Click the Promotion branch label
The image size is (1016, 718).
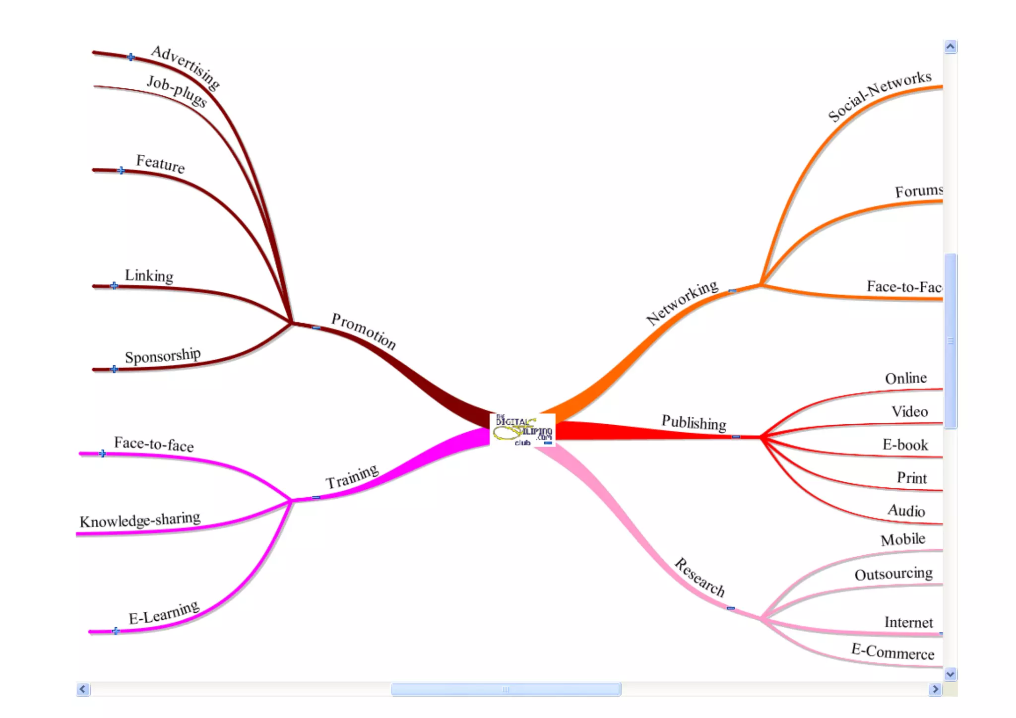pos(363,331)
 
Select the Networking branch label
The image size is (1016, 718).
pos(682,302)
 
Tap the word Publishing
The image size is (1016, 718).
pos(694,422)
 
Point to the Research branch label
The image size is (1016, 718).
pos(699,577)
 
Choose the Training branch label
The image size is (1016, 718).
pos(352,476)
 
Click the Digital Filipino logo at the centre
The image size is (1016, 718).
pos(522,430)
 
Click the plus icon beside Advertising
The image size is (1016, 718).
pos(131,57)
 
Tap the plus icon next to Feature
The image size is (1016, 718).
pos(122,171)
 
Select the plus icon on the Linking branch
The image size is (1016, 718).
pos(115,286)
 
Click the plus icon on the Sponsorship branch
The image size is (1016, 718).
pos(115,369)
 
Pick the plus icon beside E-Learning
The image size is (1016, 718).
pos(116,631)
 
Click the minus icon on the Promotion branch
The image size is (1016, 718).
pos(316,327)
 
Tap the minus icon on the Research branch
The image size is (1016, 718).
pos(730,608)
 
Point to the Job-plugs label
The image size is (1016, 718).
pos(177,91)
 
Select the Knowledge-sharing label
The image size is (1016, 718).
pos(140,520)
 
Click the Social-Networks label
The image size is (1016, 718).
pos(879,95)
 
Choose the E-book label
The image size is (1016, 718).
pos(905,445)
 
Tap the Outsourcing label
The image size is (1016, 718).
pos(893,574)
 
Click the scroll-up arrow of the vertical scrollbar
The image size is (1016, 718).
pos(950,47)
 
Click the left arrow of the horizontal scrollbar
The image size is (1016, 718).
pos(83,689)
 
